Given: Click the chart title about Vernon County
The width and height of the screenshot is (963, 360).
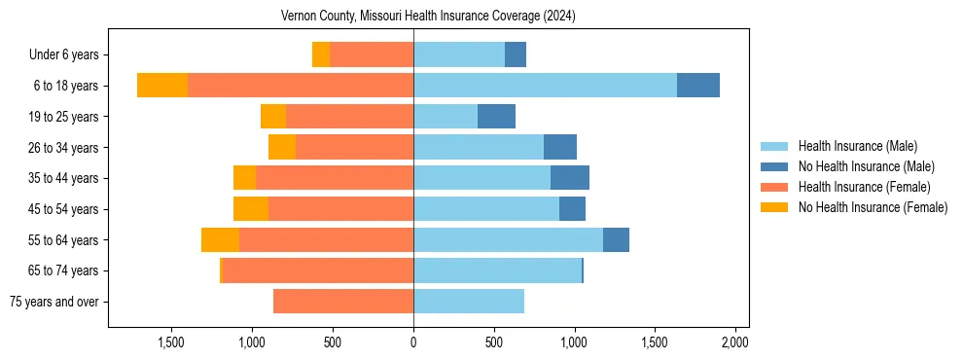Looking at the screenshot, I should click(428, 16).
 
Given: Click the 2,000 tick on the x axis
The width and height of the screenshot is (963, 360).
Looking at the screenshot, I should click(735, 342).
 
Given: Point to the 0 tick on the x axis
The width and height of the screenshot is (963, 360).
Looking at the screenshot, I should click(413, 342).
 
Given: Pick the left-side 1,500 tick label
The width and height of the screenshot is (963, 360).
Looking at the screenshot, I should click(171, 342).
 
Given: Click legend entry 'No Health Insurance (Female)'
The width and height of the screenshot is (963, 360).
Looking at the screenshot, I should click(873, 207).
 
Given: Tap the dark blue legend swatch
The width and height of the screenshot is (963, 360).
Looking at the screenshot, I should click(775, 166).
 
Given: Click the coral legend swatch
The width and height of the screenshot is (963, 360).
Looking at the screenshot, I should click(775, 187).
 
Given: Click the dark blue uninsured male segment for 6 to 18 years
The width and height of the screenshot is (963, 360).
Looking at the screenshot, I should click(698, 86).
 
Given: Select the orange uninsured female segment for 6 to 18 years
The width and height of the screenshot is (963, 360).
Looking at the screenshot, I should click(162, 86).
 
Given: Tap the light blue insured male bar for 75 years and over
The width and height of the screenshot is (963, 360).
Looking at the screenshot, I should click(469, 302).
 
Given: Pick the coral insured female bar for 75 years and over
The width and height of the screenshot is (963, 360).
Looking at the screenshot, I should click(343, 302).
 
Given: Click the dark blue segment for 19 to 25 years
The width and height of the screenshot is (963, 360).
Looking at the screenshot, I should click(496, 117).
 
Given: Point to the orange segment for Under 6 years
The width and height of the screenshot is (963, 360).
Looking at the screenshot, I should click(321, 55).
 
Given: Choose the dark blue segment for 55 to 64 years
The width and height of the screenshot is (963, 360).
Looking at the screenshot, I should click(616, 240).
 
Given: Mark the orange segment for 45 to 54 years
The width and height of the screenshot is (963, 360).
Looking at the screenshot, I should click(251, 209).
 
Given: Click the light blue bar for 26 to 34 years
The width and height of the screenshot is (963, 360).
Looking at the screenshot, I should click(479, 148).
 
